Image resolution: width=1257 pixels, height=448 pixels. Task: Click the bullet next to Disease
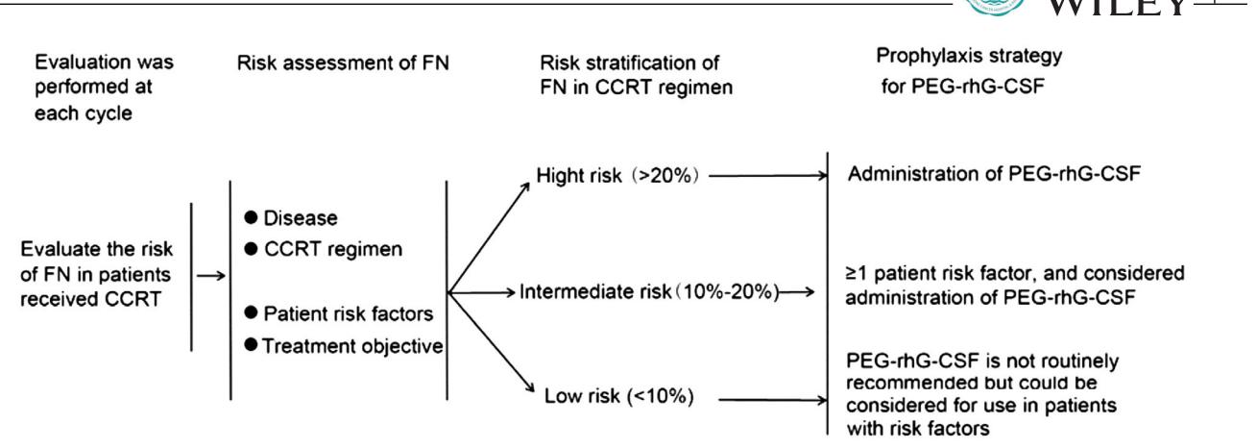(x=251, y=217)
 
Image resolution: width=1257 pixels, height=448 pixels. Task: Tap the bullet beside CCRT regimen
(x=251, y=248)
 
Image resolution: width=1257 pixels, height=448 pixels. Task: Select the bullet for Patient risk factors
(x=251, y=312)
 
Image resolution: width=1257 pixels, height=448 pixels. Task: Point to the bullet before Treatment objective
(x=251, y=344)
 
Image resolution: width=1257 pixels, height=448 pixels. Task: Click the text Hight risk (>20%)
(x=617, y=175)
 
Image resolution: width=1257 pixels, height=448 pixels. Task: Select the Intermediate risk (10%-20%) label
(x=649, y=291)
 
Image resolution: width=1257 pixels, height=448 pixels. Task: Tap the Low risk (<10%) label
(x=619, y=396)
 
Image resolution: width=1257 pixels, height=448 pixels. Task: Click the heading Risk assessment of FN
(x=343, y=62)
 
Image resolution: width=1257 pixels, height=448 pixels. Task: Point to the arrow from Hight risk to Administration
(x=768, y=176)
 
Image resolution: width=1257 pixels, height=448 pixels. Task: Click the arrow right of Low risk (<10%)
(x=773, y=400)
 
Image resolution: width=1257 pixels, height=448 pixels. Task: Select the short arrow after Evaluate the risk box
(x=211, y=275)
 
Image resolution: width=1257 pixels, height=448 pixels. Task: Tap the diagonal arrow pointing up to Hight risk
(x=489, y=237)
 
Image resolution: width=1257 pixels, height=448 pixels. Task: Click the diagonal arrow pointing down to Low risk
(x=491, y=342)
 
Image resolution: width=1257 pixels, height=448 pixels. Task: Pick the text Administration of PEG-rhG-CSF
(x=994, y=174)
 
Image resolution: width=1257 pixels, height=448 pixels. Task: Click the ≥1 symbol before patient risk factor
(x=857, y=274)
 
